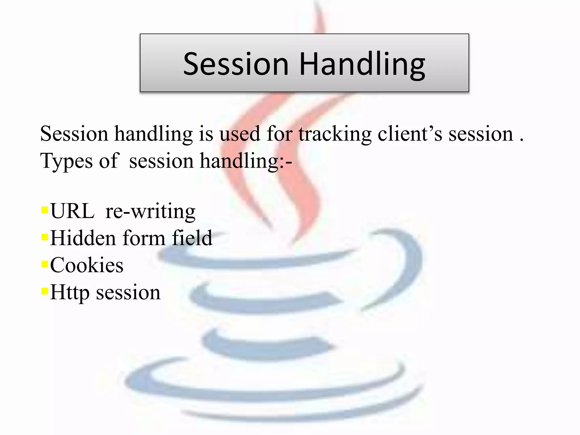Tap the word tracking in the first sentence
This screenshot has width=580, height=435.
[335, 134]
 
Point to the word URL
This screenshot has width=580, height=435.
[72, 211]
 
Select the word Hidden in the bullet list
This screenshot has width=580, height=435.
[83, 238]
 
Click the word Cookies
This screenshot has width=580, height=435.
[87, 265]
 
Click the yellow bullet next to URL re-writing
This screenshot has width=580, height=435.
[45, 210]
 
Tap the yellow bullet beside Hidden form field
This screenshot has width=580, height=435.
[45, 237]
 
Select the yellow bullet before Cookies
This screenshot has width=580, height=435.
[45, 264]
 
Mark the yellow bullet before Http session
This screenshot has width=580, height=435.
[45, 291]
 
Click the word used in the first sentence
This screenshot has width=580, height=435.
[240, 134]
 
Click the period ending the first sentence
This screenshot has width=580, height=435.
[521, 140]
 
